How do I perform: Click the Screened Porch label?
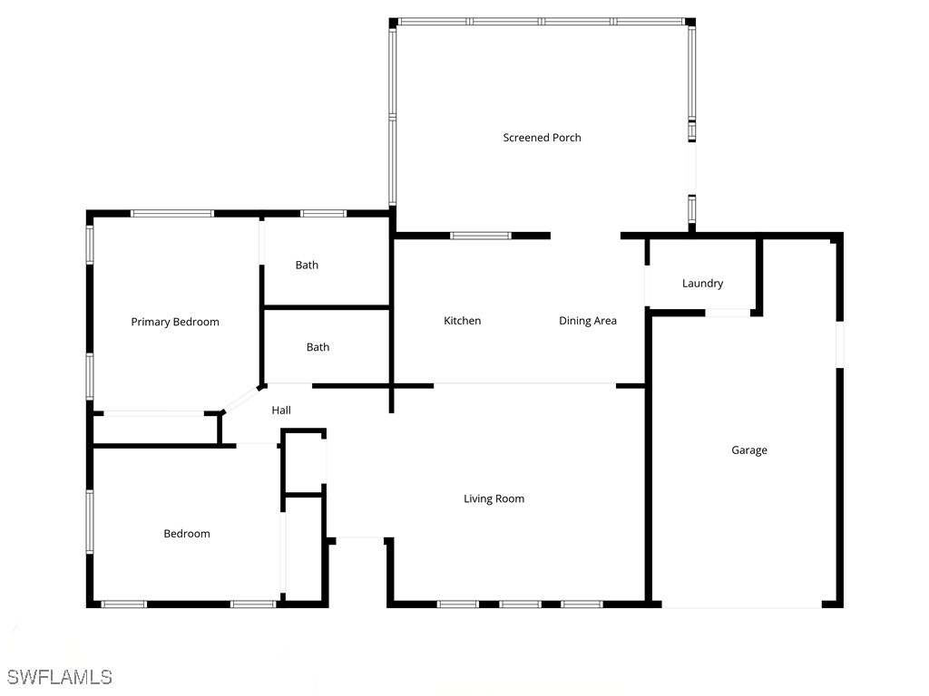(542, 138)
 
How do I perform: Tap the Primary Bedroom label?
(175, 322)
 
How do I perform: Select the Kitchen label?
(462, 321)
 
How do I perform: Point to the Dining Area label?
(587, 321)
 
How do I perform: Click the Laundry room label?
(702, 284)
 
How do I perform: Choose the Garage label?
(749, 450)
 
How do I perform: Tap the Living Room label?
(494, 498)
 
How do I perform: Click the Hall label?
(281, 411)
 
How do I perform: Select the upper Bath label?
(307, 266)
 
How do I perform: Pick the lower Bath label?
(318, 347)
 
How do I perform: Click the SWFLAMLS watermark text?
(59, 677)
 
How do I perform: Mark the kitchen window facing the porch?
(481, 236)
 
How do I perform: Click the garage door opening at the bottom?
(741, 605)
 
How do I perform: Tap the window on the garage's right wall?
(840, 344)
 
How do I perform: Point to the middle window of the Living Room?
(520, 604)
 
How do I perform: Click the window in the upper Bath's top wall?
(323, 214)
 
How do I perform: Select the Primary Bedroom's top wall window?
(172, 214)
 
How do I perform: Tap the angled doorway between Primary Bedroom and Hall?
(241, 399)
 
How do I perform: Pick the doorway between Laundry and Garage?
(728, 313)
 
